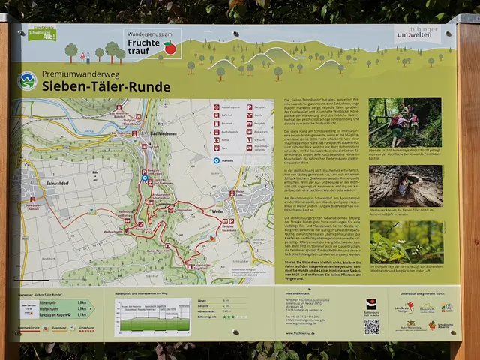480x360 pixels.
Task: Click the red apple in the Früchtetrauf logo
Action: pyautogui.click(x=170, y=49)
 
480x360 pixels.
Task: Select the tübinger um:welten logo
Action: pyautogui.click(x=416, y=34)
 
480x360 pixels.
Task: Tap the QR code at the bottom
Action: pyautogui.click(x=372, y=326)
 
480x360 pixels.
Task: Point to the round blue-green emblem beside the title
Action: pyautogui.click(x=28, y=80)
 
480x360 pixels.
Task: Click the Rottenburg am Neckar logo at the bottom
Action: pyautogui.click(x=371, y=307)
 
